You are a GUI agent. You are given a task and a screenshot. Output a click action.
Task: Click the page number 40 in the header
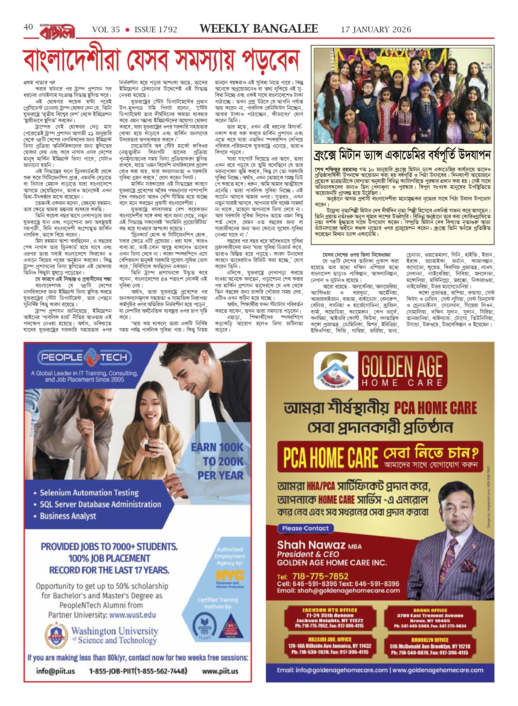pos(28,27)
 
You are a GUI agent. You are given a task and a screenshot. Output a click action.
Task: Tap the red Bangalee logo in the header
pos(57,31)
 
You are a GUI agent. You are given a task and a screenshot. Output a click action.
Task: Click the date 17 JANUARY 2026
pos(376,30)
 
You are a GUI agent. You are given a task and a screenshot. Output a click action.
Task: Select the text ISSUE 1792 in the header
pos(156,30)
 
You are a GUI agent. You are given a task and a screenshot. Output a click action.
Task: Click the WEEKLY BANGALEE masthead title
pos(259,29)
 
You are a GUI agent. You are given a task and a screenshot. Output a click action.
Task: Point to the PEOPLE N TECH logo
pos(84,357)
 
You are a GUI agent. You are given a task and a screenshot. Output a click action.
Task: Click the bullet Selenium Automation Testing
pos(89,493)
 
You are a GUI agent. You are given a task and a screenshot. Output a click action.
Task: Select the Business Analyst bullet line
pos(68,516)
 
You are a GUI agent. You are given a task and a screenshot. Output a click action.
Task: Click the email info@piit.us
pos(56,671)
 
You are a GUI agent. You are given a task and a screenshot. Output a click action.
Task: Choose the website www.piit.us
pos(220,671)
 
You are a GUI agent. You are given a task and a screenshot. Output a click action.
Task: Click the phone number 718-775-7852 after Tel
pos(320,576)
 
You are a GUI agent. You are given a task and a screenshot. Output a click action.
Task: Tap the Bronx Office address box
pos(430,618)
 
